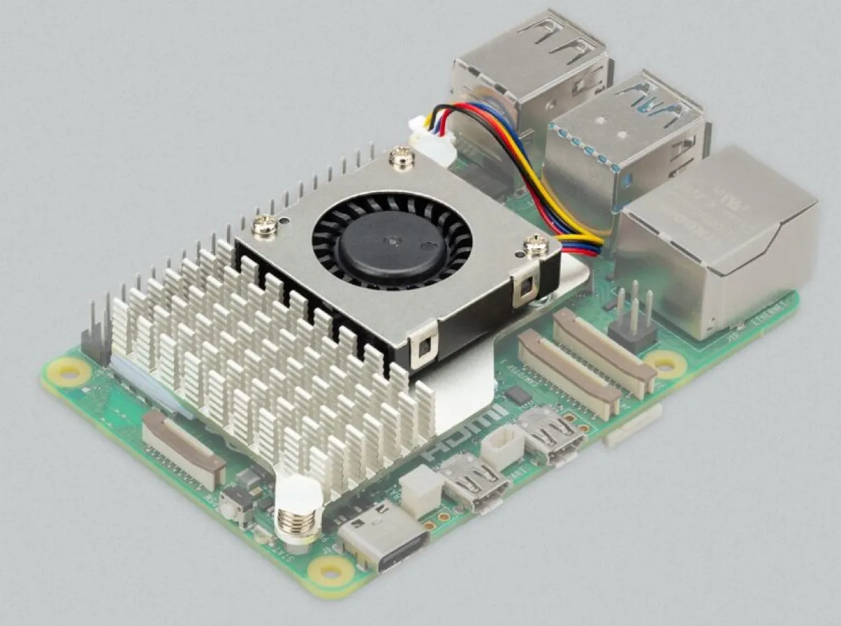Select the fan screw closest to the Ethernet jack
click(535, 245)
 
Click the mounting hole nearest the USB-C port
click(330, 570)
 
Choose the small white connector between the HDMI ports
click(502, 448)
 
